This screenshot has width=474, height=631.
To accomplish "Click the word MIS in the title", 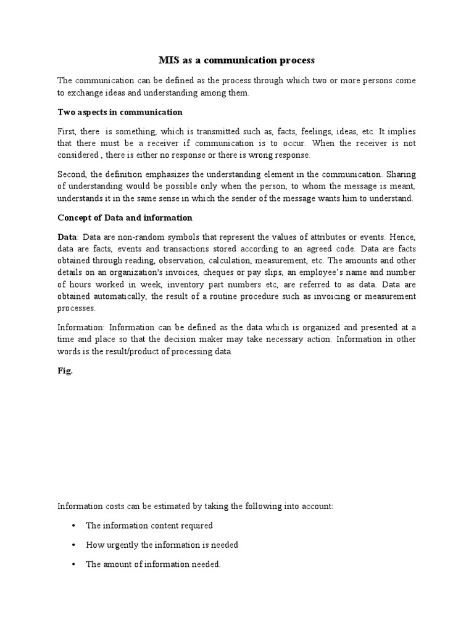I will [168, 60].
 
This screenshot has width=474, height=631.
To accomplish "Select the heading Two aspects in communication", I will [120, 112].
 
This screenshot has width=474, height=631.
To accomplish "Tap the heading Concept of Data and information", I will [125, 218].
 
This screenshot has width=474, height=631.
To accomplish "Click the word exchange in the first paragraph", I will [84, 93].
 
